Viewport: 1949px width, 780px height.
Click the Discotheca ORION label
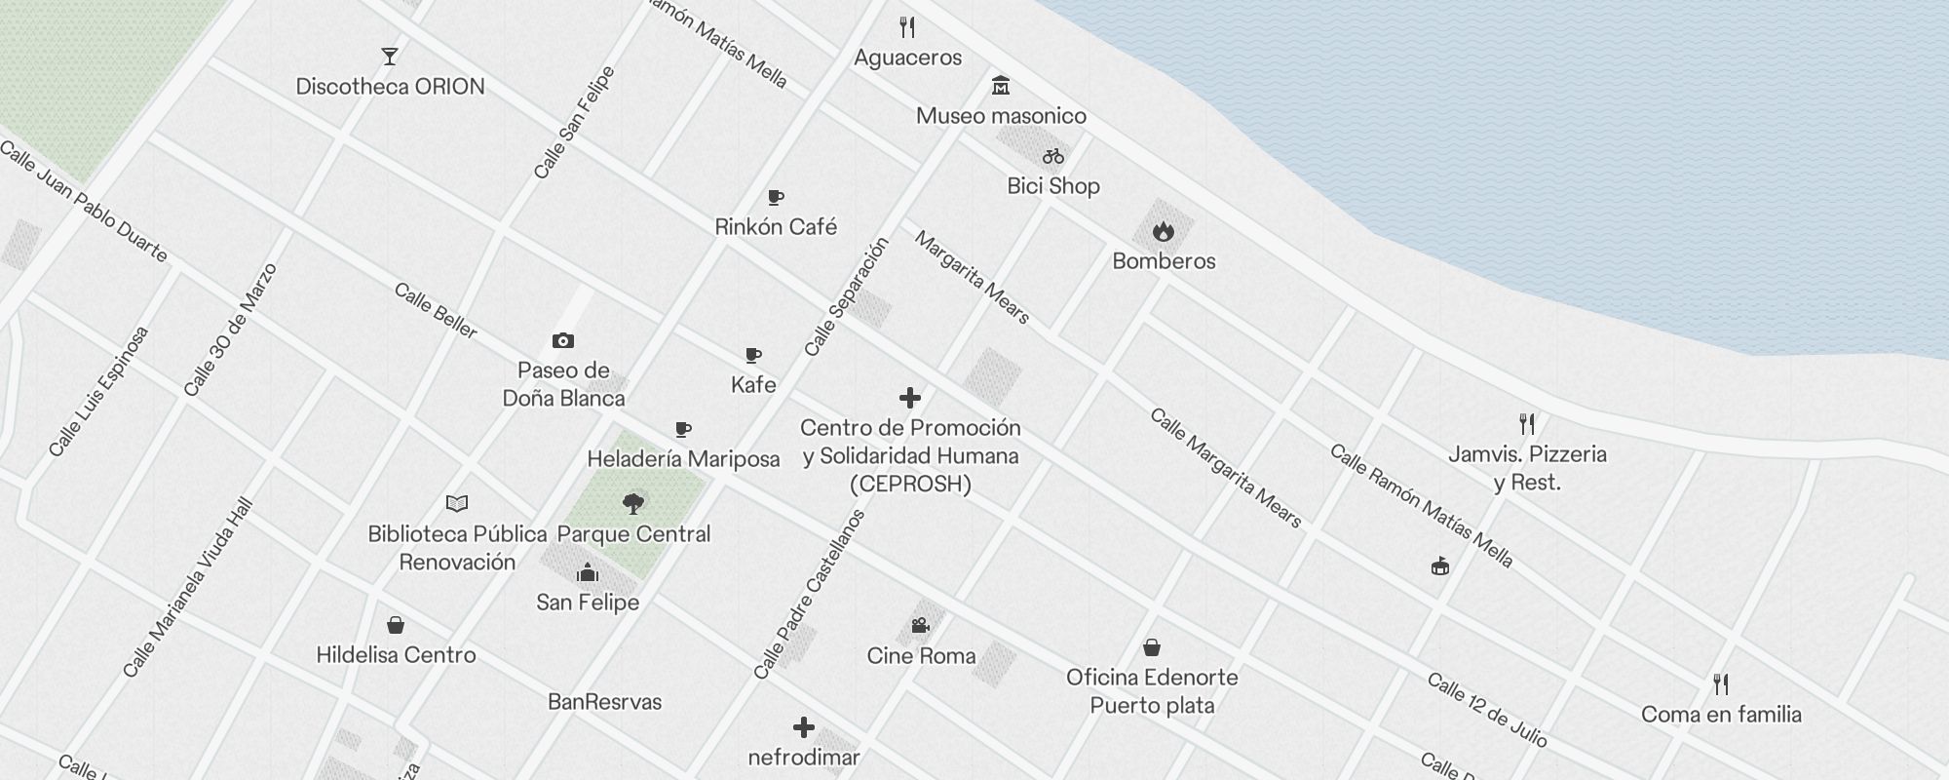point(390,87)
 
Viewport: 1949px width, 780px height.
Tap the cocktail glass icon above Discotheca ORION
point(390,57)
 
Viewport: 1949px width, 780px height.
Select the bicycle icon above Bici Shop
point(1053,156)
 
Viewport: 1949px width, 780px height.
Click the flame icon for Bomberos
point(1163,232)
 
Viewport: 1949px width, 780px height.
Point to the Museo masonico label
point(1001,116)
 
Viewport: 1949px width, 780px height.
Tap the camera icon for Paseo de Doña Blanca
point(563,340)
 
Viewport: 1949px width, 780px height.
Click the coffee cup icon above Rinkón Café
point(776,198)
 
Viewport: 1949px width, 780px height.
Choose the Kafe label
point(753,385)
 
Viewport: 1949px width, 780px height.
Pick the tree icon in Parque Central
point(633,504)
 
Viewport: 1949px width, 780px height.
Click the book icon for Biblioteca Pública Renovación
point(457,504)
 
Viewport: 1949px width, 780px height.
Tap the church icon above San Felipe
point(588,572)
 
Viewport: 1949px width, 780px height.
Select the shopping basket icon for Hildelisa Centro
point(396,625)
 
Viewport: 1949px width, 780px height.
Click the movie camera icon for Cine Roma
point(921,625)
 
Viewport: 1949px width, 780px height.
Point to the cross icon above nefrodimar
point(804,727)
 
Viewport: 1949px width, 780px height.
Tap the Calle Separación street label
point(847,296)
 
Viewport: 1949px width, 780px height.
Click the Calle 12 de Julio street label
point(1486,710)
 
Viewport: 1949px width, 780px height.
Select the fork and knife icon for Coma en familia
point(1721,684)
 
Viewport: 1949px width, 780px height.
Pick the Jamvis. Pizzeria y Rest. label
point(1527,468)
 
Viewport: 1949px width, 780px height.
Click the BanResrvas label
point(604,702)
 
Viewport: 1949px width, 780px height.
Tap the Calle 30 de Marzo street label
point(231,330)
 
